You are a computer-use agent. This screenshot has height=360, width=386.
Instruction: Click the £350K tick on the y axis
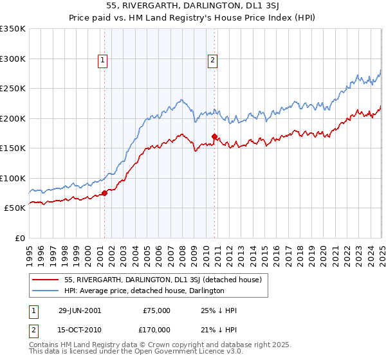[13, 29]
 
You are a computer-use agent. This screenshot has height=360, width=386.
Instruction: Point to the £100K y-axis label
[13, 178]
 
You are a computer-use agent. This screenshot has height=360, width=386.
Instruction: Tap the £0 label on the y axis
[19, 238]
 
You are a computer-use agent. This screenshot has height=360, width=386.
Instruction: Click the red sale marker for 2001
[104, 193]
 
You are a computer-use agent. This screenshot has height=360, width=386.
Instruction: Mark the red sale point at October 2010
[214, 136]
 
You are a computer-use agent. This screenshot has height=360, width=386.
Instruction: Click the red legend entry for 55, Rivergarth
[162, 280]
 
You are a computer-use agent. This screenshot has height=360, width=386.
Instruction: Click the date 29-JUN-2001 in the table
[80, 310]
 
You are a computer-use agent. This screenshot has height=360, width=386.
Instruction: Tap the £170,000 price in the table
[156, 329]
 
